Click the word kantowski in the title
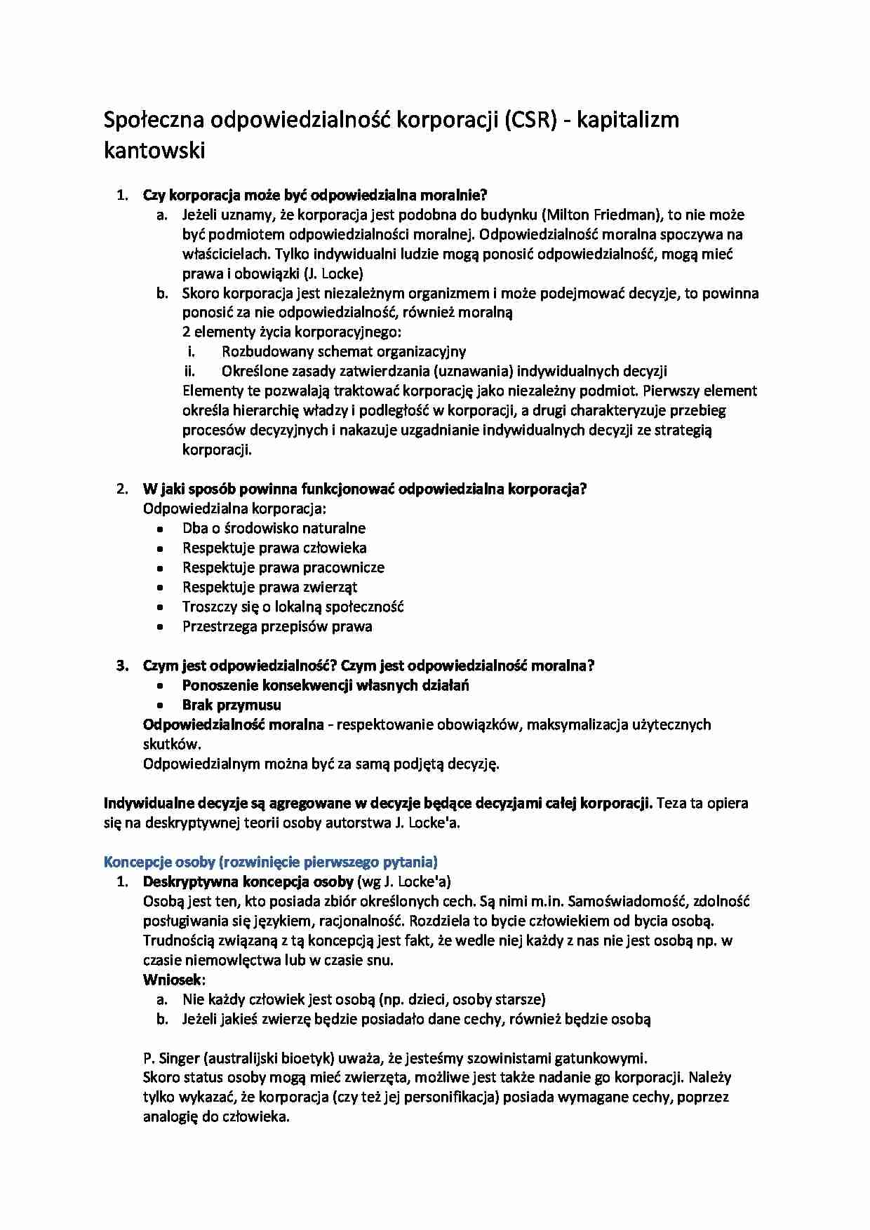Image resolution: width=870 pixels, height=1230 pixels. [154, 150]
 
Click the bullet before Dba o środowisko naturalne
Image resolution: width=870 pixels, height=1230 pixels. [161, 529]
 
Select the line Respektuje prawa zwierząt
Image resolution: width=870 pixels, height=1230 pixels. [270, 587]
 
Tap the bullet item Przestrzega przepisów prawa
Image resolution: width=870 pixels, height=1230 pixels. [277, 626]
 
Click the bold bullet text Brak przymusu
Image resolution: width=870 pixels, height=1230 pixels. [232, 705]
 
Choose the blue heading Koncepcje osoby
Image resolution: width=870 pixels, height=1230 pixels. [270, 862]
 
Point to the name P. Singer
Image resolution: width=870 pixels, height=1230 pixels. [170, 1058]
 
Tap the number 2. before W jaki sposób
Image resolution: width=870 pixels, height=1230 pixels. [121, 489]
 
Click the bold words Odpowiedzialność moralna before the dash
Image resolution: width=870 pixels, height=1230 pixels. [233, 724]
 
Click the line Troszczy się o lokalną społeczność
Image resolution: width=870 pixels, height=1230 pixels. [293, 607]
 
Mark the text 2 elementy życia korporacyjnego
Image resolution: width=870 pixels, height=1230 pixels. [292, 332]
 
